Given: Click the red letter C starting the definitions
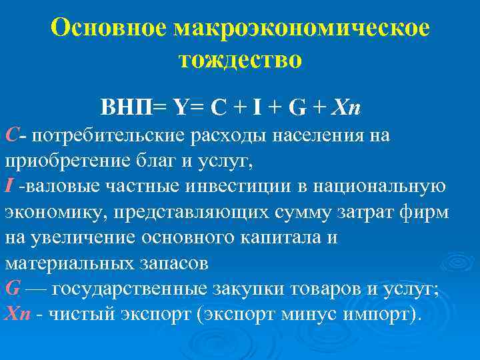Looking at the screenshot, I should pos(11,136).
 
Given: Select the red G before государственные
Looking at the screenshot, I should pos(12,288).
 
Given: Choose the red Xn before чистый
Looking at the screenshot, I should pos(16,313).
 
